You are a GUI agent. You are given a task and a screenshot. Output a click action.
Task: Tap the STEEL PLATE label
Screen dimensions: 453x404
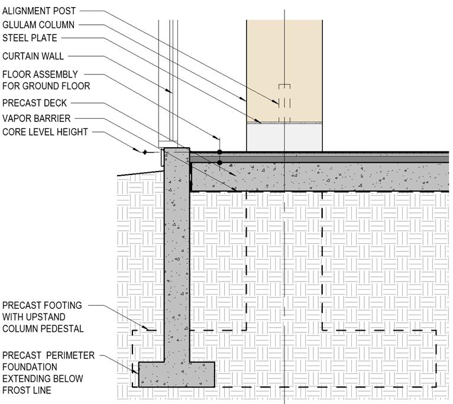(x=30, y=38)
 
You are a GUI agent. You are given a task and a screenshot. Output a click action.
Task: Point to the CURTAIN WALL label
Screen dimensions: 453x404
(x=33, y=56)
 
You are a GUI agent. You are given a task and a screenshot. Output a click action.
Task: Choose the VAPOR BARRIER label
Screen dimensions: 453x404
(x=35, y=118)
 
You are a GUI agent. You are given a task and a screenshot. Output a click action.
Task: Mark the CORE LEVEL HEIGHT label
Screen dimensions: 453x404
(x=45, y=132)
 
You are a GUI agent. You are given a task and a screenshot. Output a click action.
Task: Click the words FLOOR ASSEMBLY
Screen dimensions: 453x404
(x=40, y=75)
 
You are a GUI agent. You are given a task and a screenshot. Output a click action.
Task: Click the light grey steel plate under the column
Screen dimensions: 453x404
(x=284, y=137)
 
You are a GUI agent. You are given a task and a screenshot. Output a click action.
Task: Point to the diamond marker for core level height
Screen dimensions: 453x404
(x=145, y=152)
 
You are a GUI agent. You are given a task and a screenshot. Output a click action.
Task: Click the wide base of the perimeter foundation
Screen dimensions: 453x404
(x=176, y=374)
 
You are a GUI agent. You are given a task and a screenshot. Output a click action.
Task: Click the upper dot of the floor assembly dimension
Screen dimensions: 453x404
(x=219, y=152)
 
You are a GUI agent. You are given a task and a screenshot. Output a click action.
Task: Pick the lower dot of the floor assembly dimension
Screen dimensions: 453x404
(x=219, y=162)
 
